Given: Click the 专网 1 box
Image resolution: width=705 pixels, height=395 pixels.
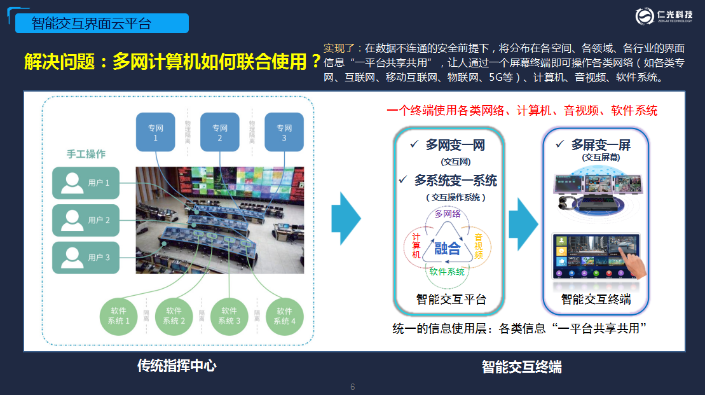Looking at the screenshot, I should [x=156, y=132].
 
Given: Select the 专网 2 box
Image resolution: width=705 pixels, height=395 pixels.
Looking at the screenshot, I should [x=220, y=132].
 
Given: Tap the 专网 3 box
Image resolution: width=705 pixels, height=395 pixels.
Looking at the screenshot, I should [x=284, y=132].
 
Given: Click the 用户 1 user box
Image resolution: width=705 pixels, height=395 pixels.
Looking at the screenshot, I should [x=86, y=183].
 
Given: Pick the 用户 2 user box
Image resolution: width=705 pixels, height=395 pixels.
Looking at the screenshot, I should [x=86, y=220].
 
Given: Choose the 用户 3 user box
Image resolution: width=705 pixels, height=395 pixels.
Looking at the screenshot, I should [x=86, y=257].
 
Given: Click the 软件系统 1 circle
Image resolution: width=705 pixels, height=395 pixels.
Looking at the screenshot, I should [x=119, y=316].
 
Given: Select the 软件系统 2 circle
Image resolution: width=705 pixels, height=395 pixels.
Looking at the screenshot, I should [x=174, y=316].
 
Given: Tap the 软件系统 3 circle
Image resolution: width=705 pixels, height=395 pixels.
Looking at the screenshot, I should [x=229, y=316].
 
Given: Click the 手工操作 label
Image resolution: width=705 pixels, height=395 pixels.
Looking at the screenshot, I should [x=86, y=154].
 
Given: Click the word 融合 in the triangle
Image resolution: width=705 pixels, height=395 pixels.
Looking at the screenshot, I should [x=448, y=248].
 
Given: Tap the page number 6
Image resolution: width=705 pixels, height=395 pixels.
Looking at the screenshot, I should [x=353, y=387].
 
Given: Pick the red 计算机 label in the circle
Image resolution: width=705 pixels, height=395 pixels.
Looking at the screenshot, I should [x=416, y=245].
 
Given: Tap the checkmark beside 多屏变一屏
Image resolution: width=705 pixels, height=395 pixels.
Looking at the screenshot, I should [x=560, y=144].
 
